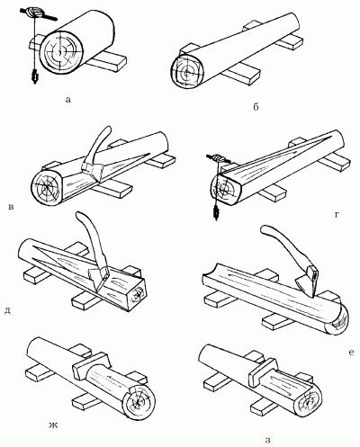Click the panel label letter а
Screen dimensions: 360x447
click(68, 100)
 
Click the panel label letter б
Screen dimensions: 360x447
click(256, 107)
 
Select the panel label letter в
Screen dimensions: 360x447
click(11, 207)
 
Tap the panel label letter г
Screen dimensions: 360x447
click(337, 214)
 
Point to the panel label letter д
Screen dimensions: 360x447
click(8, 311)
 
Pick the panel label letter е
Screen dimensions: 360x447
click(351, 353)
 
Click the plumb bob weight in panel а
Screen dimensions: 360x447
click(35, 76)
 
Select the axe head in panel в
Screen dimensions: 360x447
click(94, 171)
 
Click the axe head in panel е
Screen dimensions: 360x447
click(308, 281)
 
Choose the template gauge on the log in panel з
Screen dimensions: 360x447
click(262, 371)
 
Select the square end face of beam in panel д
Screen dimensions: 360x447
click(137, 294)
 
